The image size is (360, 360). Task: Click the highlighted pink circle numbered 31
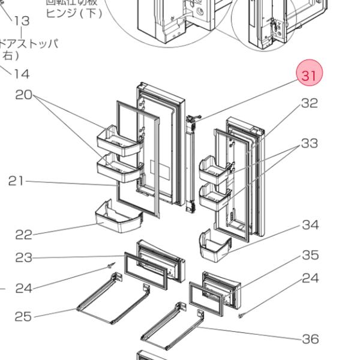point(309,76)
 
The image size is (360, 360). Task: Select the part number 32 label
point(309,103)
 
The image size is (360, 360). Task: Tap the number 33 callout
point(309,143)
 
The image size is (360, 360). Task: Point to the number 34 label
point(310,225)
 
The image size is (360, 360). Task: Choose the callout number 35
point(310,255)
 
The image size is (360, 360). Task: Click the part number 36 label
point(310,340)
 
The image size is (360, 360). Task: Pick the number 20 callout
point(23,94)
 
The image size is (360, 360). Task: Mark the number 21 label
point(16,181)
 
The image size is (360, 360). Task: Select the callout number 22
point(23,234)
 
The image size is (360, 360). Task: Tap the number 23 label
point(23,257)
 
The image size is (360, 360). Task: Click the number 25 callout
point(23,316)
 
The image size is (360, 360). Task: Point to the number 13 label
point(21,21)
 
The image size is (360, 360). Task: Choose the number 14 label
point(21,74)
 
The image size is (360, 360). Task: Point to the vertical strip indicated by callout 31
point(192,162)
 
